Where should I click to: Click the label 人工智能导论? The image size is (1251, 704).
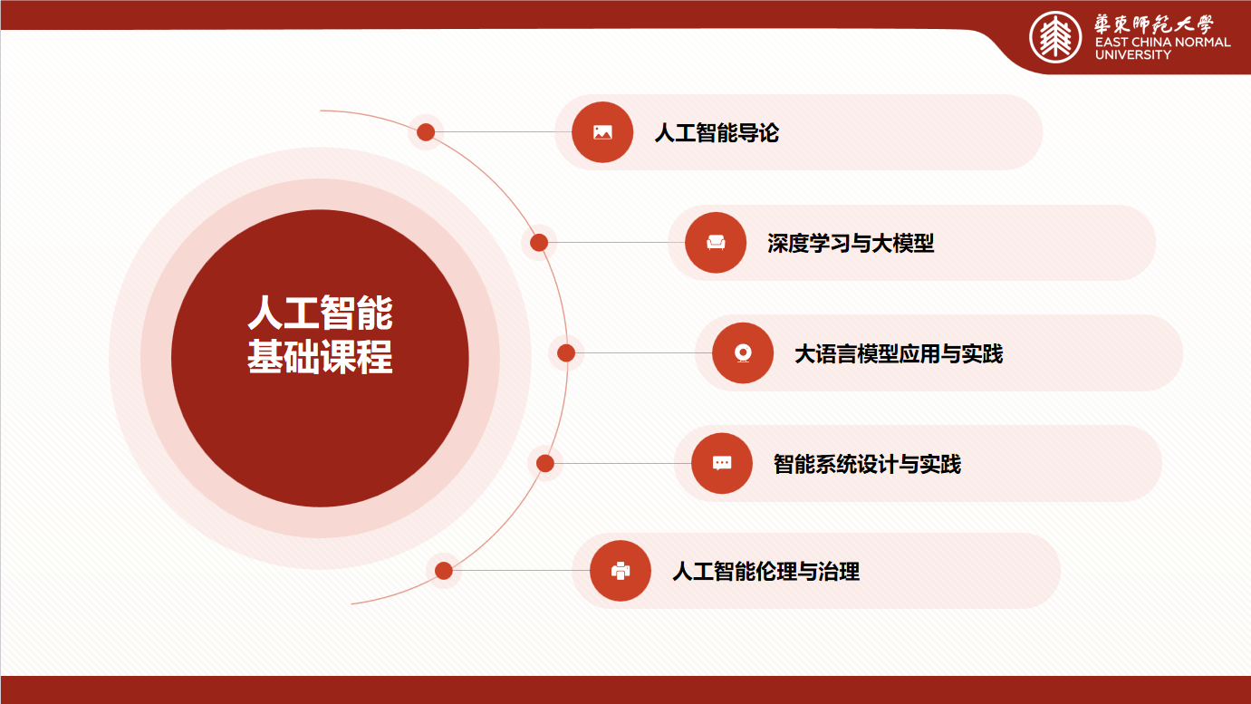tap(717, 133)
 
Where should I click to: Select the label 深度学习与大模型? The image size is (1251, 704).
tap(851, 243)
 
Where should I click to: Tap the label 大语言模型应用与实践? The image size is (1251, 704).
tap(899, 353)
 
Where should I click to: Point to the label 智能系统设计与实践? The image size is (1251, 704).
tap(867, 464)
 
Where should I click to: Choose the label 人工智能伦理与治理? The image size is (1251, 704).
tap(766, 572)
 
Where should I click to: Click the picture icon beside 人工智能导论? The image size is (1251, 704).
tap(602, 132)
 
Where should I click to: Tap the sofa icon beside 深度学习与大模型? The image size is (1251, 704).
tap(716, 243)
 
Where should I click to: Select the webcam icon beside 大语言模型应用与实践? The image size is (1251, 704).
tap(743, 353)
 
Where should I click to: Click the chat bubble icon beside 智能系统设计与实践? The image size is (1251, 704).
tap(722, 463)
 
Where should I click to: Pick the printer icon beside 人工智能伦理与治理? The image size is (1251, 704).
tap(621, 571)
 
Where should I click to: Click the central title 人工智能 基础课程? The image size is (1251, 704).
tap(320, 334)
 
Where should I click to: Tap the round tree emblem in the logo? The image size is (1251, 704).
tap(1055, 37)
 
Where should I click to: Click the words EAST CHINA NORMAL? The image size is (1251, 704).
tap(1163, 42)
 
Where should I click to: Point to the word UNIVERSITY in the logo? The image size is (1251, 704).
tap(1132, 54)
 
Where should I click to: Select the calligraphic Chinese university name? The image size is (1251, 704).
tap(1154, 24)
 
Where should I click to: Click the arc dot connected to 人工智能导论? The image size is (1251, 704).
tap(426, 132)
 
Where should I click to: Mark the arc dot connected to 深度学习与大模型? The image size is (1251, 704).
tap(539, 243)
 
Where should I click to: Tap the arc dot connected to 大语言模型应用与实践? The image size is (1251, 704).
tap(566, 353)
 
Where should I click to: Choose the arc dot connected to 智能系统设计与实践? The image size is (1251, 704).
tap(545, 463)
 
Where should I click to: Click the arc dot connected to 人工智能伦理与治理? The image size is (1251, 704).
tap(444, 571)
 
